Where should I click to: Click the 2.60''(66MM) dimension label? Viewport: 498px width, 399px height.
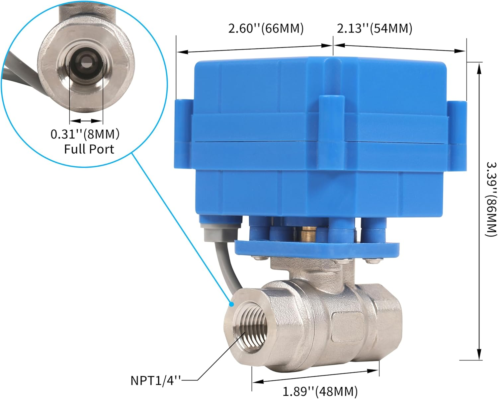tap(266, 29)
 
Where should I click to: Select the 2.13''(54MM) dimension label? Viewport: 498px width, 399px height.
tap(374, 29)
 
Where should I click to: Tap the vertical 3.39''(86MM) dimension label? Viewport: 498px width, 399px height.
tap(491, 199)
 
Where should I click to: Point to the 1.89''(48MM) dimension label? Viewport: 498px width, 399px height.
tap(320, 391)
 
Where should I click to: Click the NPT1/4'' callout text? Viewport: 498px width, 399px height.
tap(156, 380)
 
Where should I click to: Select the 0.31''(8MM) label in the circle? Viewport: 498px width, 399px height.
tap(85, 134)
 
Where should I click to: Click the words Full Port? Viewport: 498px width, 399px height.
tap(89, 149)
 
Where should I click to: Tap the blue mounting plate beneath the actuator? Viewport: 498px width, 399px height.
tap(317, 249)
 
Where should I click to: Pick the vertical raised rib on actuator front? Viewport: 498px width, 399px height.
tap(330, 133)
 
